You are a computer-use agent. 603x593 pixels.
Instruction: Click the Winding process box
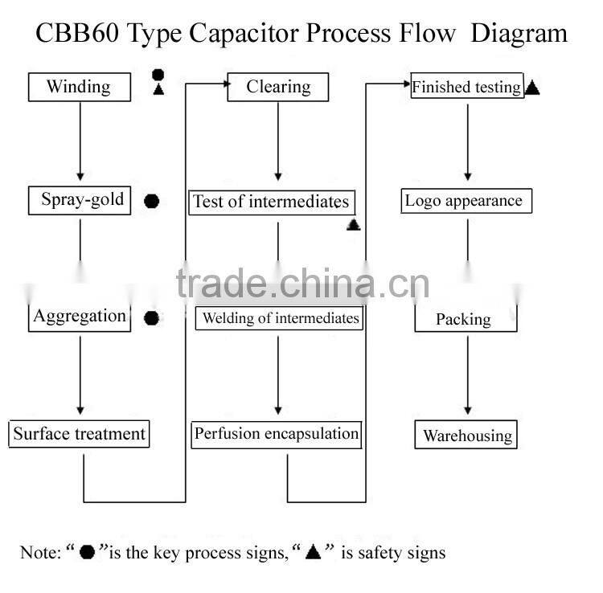[x=79, y=87]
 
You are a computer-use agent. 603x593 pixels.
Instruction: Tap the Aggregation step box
[x=80, y=317]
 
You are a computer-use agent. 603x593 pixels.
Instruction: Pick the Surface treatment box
[x=79, y=434]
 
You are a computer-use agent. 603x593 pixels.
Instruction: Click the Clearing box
[x=278, y=87]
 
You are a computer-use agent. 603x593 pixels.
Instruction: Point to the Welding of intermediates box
[x=279, y=318]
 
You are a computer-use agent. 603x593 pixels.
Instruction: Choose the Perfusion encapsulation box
[x=277, y=434]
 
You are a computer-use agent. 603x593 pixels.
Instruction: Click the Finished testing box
[x=466, y=87]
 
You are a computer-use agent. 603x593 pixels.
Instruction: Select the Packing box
[x=465, y=319]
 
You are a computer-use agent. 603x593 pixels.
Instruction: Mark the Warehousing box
[x=466, y=436]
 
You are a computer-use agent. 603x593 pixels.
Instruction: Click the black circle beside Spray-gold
[x=151, y=201]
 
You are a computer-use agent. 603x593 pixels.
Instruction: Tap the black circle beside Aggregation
[x=151, y=318]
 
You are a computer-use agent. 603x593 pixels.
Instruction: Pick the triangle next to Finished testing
[x=532, y=88]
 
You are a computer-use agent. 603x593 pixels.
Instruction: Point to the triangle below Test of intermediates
[x=353, y=225]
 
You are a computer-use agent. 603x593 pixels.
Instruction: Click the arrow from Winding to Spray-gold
[x=80, y=141]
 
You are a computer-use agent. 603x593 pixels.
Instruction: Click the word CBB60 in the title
[x=72, y=33]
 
